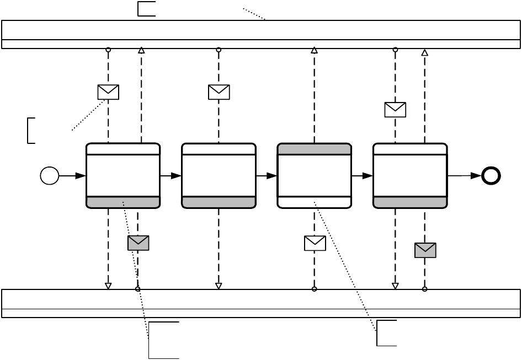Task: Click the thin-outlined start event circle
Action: pos(49,176)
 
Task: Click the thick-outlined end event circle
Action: pos(491,175)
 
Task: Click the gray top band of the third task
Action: pos(314,149)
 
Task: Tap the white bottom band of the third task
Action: pos(314,202)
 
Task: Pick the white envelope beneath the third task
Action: pos(315,243)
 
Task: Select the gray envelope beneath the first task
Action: pos(138,243)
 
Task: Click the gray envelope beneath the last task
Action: pos(425,250)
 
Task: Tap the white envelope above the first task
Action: pos(108,92)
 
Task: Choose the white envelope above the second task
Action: pos(219,92)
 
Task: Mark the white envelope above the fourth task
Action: pos(395,110)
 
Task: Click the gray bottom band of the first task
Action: pos(123,202)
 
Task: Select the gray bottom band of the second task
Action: pos(219,202)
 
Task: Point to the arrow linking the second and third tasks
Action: pos(267,176)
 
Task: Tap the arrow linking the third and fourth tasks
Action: pos(362,176)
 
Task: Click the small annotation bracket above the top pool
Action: pos(146,9)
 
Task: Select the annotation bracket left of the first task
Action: pos(31,130)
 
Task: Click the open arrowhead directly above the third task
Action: pos(314,50)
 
